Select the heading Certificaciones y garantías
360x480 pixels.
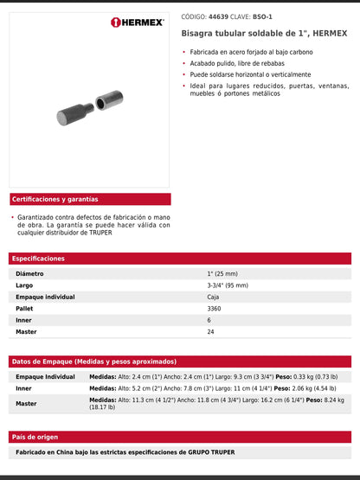pos(55,199)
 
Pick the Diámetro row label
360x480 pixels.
pos(29,273)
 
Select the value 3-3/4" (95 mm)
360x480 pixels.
pos(228,285)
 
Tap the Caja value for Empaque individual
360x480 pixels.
pos(213,297)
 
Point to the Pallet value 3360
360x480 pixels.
pos(215,308)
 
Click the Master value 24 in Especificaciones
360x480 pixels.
pos(210,331)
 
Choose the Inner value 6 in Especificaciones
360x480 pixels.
pos(209,320)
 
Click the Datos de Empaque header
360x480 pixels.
pos(94,361)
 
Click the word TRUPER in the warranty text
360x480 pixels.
pos(100,232)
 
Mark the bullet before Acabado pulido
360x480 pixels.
pos(183,62)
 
